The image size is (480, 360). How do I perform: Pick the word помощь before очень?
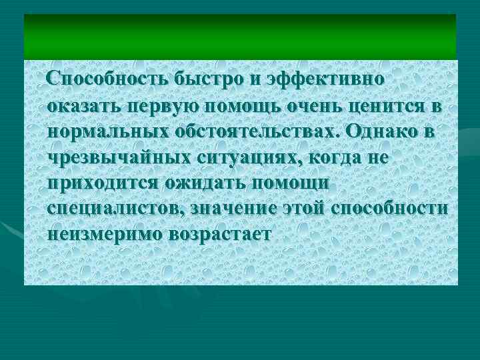[246, 105]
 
